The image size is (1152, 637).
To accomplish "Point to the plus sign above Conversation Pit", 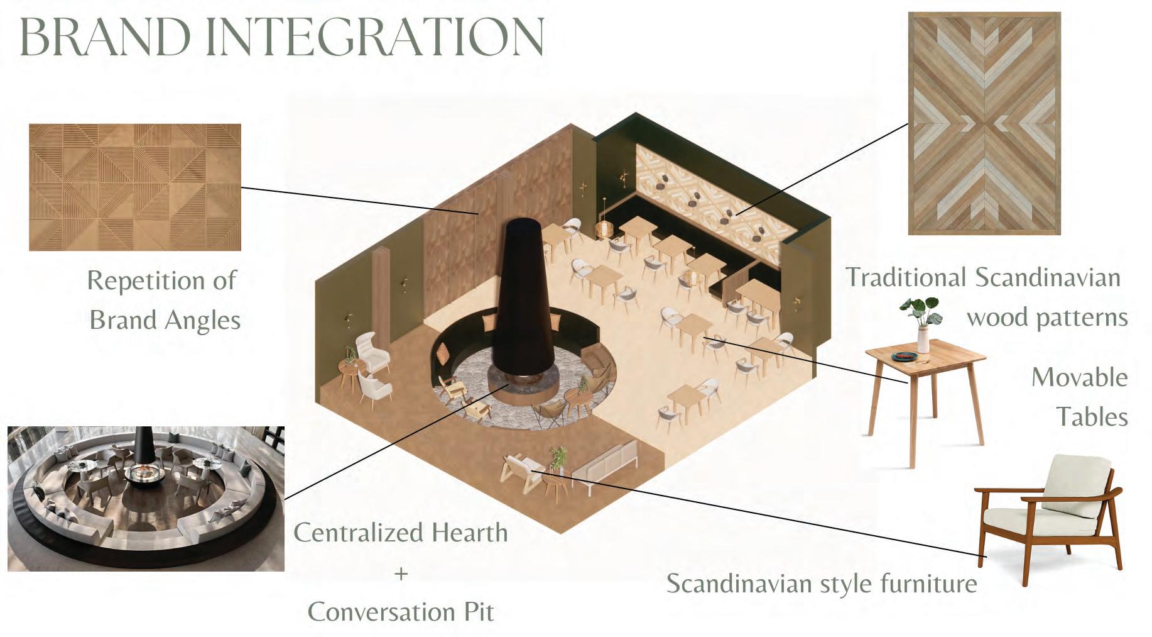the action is tap(401, 573).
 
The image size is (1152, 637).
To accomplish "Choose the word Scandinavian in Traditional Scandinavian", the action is tap(1047, 277).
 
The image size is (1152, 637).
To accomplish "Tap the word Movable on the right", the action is tap(1079, 377).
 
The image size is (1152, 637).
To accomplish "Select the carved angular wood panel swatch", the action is tap(135, 187).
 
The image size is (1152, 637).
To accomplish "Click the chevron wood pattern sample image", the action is tap(984, 123).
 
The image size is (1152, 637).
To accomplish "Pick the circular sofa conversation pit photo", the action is tap(146, 498).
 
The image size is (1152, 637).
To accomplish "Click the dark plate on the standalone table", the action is tap(904, 357).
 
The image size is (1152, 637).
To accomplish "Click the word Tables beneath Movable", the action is tap(1091, 417).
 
